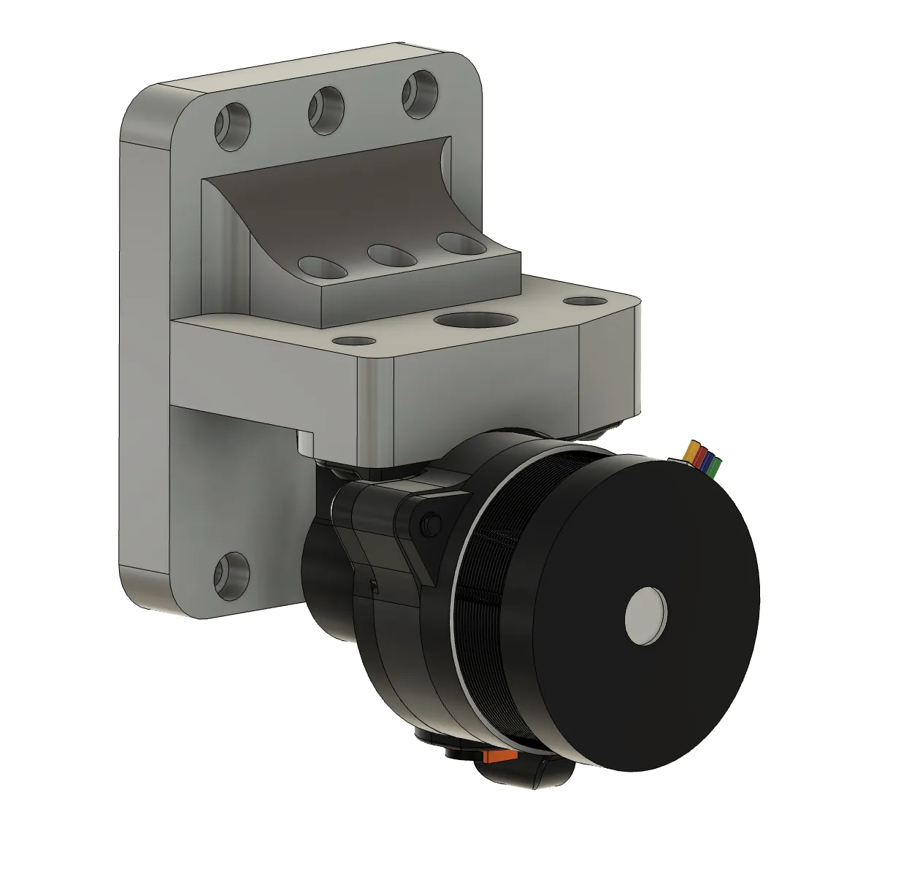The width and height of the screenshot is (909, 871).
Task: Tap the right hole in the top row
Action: click(x=419, y=93)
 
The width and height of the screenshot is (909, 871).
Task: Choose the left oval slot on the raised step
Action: click(x=323, y=266)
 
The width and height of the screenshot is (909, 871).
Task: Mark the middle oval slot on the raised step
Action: click(x=392, y=254)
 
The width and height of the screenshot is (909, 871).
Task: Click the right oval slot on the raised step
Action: click(x=461, y=243)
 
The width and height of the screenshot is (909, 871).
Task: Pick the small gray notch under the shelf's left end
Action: click(x=304, y=442)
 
